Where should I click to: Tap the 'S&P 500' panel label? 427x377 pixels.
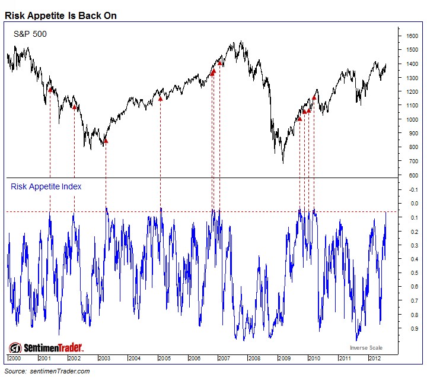click(30, 34)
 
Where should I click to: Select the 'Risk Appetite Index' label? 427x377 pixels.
click(46, 186)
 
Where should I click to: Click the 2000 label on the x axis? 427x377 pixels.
click(14, 359)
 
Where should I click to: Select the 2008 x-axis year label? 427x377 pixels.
click(254, 359)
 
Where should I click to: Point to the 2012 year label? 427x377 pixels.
click(374, 359)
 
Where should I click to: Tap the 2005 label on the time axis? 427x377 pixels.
click(164, 359)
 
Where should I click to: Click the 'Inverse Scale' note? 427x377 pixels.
click(366, 348)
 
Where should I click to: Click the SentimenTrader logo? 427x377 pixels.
click(46, 348)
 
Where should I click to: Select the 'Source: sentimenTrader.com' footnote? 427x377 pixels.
click(48, 371)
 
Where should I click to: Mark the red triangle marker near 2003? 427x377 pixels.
click(106, 141)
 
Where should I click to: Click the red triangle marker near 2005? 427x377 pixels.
click(160, 98)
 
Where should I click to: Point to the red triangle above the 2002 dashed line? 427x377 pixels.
click(74, 107)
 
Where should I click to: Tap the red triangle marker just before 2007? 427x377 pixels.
click(219, 62)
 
